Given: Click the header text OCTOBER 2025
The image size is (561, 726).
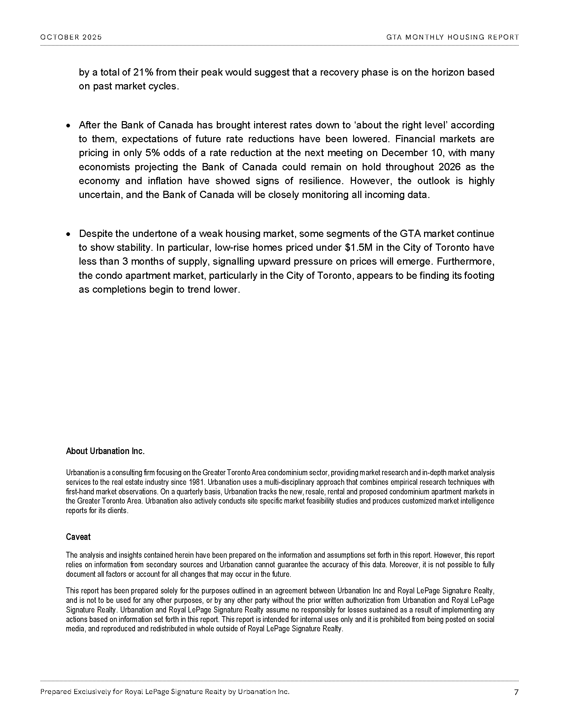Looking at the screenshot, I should pyautogui.click(x=71, y=37).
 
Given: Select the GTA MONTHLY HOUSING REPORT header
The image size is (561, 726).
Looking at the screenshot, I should pyautogui.click(x=452, y=37).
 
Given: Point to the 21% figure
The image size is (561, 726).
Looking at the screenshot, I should pyautogui.click(x=143, y=72).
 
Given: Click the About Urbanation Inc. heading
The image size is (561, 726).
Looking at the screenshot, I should pyautogui.click(x=105, y=451).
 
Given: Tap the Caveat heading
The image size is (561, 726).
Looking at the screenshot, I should pyautogui.click(x=78, y=537).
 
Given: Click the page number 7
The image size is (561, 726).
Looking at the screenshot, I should pyautogui.click(x=516, y=692).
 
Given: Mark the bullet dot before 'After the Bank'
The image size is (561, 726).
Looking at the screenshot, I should pyautogui.click(x=68, y=126).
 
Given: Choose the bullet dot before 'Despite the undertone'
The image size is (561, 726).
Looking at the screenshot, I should pyautogui.click(x=68, y=234).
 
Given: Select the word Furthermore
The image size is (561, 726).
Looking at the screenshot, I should pyautogui.click(x=465, y=262).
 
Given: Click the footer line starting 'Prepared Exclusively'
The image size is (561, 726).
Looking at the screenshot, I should pyautogui.click(x=165, y=692).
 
